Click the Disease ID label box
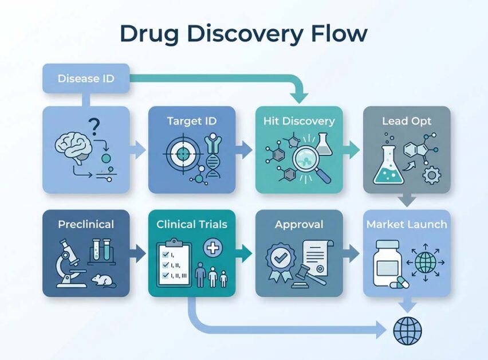click(x=86, y=79)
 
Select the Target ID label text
click(x=192, y=121)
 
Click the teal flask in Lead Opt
click(x=388, y=161)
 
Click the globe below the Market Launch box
click(x=408, y=330)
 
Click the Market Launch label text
click(x=407, y=224)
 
